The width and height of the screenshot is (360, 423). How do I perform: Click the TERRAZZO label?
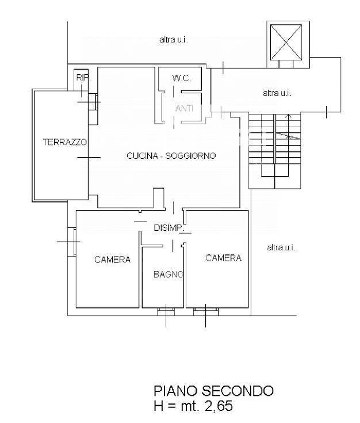click(x=64, y=141)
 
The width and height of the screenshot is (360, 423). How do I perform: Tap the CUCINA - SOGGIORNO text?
click(x=171, y=155)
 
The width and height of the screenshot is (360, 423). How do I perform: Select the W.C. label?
click(x=181, y=78)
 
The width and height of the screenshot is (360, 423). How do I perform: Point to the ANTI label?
click(x=183, y=108)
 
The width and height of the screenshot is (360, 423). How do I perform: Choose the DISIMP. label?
click(x=168, y=228)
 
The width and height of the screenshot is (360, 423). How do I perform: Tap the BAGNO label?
click(x=168, y=275)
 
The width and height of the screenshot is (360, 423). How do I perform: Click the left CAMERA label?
click(x=112, y=260)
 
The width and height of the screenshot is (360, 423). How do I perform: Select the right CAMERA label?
click(x=223, y=258)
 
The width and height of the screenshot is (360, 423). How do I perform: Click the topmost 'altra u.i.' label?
click(x=174, y=40)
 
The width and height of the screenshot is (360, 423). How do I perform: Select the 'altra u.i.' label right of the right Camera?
click(x=281, y=247)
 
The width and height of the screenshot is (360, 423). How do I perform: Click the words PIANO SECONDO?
click(x=213, y=391)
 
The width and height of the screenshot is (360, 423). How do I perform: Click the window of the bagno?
click(x=166, y=311)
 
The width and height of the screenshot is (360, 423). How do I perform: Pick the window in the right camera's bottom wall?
click(x=206, y=311)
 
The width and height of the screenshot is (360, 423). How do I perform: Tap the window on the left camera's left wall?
click(x=71, y=242)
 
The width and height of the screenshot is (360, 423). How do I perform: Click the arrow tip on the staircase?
click(x=289, y=117)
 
